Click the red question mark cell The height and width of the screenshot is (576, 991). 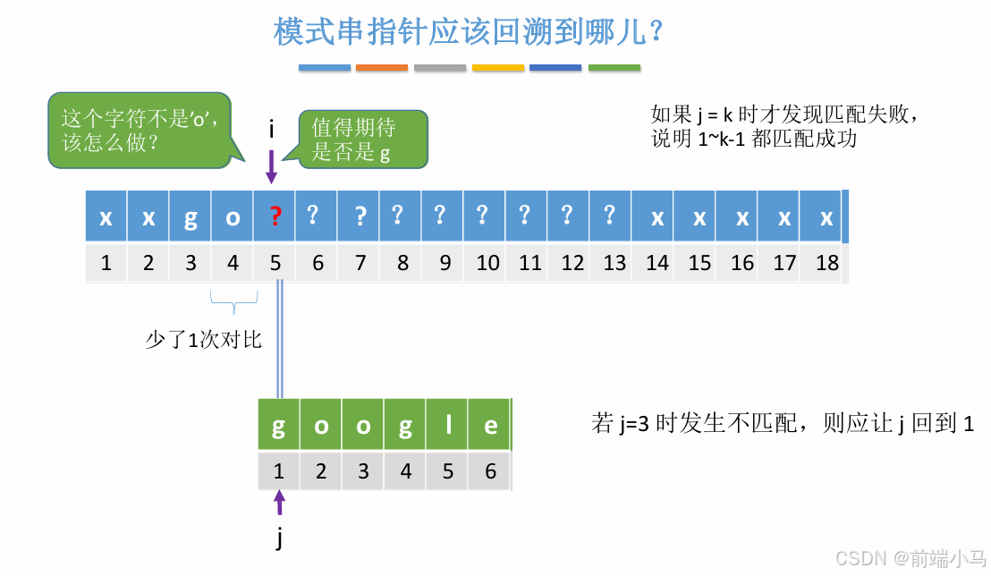pyautogui.click(x=275, y=216)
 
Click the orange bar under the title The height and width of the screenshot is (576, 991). pyautogui.click(x=382, y=68)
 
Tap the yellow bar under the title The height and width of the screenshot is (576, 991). pyautogui.click(x=498, y=68)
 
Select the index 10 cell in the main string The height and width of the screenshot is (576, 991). pyautogui.click(x=487, y=263)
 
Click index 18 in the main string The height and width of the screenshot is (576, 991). pyautogui.click(x=826, y=263)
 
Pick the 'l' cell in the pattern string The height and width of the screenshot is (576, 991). pyautogui.click(x=448, y=427)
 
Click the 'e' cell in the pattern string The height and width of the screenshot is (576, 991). pyautogui.click(x=490, y=427)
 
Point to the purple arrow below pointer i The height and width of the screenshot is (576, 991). pyautogui.click(x=271, y=166)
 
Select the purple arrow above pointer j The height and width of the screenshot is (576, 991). pyautogui.click(x=279, y=503)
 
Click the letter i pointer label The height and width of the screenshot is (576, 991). pyautogui.click(x=271, y=131)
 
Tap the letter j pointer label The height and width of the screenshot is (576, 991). pyautogui.click(x=279, y=538)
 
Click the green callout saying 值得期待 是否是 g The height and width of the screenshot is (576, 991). pyautogui.click(x=362, y=140)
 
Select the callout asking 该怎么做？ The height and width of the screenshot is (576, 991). pyautogui.click(x=139, y=131)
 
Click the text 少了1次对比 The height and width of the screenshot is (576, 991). pyautogui.click(x=203, y=340)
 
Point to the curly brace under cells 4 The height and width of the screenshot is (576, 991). pyautogui.click(x=233, y=304)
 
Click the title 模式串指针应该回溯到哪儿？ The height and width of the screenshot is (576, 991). pyautogui.click(x=468, y=32)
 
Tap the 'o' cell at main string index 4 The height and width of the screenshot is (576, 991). pyautogui.click(x=233, y=216)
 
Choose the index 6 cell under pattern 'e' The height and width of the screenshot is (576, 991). pyautogui.click(x=490, y=471)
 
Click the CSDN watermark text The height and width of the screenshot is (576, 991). pyautogui.click(x=910, y=558)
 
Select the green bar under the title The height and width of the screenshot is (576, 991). pyautogui.click(x=614, y=68)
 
